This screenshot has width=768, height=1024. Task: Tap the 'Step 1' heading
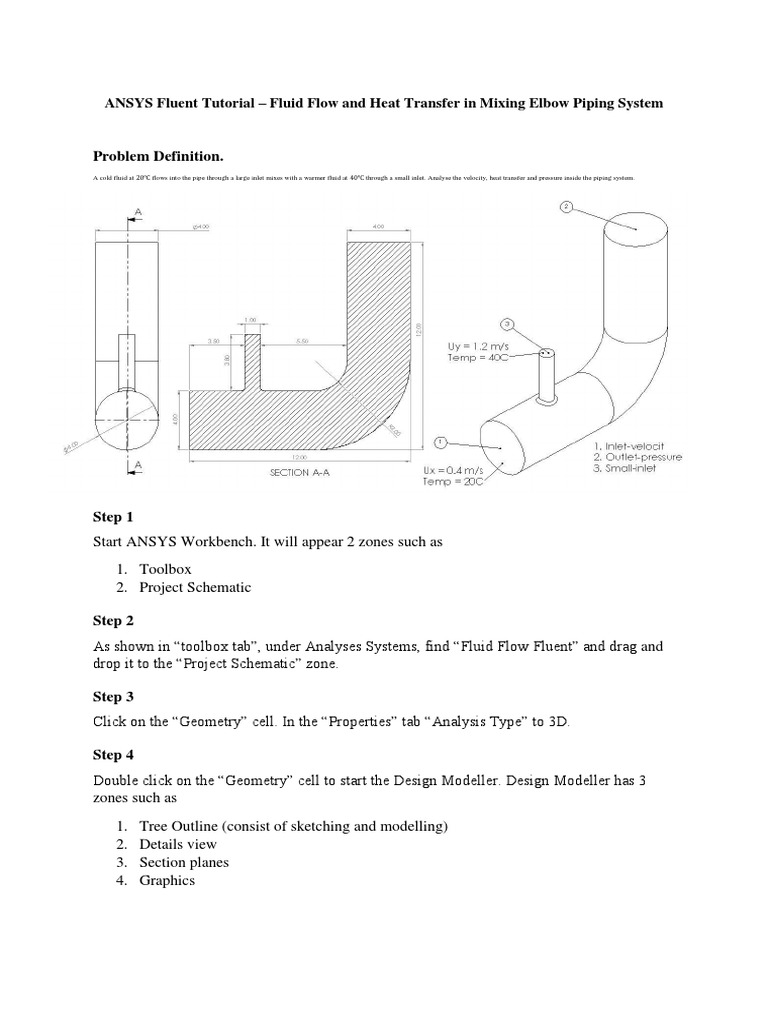click(x=113, y=517)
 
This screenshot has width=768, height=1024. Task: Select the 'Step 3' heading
click(x=113, y=695)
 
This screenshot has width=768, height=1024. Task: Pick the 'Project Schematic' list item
click(x=195, y=587)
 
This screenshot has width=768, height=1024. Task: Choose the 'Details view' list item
click(x=178, y=844)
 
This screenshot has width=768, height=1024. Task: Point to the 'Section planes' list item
click(x=184, y=862)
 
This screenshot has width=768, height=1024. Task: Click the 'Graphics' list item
click(x=167, y=880)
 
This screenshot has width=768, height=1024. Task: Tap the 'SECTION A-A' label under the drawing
click(x=300, y=473)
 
